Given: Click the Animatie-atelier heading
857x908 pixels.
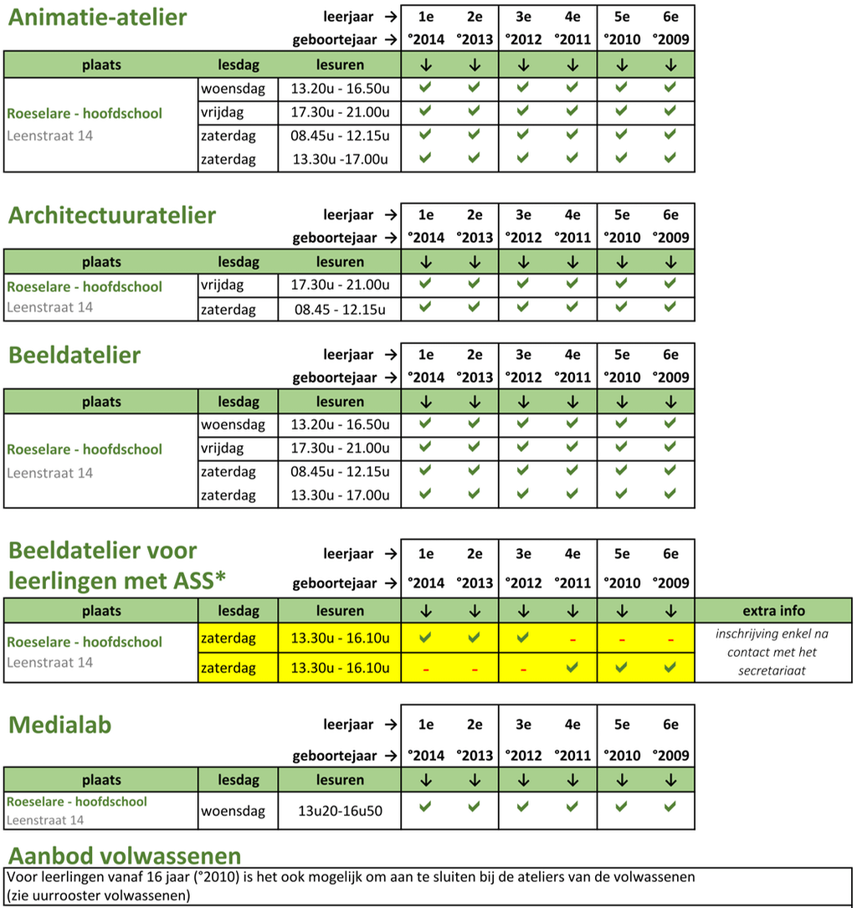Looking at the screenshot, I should point(97,17).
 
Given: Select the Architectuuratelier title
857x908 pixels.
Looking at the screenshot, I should point(112,215).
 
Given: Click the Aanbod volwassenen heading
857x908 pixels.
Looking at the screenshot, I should point(124,856).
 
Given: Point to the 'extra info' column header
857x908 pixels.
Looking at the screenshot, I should point(772,610).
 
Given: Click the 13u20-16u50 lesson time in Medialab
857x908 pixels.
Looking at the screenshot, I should point(340,810).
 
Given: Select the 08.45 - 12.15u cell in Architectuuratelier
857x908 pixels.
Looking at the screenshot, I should point(340,310).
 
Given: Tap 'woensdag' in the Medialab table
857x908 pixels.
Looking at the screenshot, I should point(233,810).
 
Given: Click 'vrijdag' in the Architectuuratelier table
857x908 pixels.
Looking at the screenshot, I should point(222,285).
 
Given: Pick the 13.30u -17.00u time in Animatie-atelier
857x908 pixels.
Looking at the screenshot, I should point(340,159).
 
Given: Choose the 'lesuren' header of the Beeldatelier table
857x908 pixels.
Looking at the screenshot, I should point(340,402).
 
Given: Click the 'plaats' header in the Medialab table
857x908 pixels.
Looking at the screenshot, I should point(101,780).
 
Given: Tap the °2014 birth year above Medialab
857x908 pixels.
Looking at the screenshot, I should point(426,756).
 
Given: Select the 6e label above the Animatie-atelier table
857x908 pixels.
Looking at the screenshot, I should point(670,16).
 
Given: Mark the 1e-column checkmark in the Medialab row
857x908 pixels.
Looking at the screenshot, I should point(425,807).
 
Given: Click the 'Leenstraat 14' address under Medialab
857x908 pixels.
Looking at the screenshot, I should point(45,820).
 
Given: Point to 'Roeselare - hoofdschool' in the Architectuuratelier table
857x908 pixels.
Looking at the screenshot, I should point(85,286).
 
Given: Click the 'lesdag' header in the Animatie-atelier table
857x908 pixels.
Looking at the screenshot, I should point(239,64).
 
